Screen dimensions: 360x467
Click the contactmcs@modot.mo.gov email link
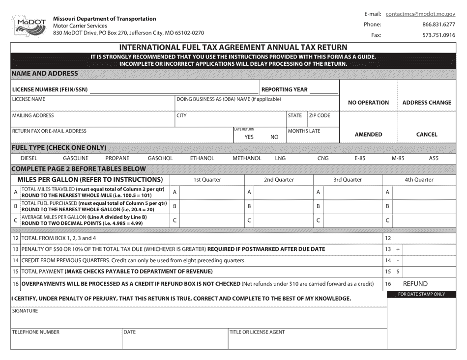pyautogui.click(x=420, y=14)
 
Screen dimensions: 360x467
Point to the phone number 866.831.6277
pyautogui.click(x=438, y=25)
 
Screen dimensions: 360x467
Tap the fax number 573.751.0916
pyautogui.click(x=438, y=35)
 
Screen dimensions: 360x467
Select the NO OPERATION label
pyautogui.click(x=368, y=103)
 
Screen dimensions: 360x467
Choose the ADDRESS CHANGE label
pyautogui.click(x=426, y=103)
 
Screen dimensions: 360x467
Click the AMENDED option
pyautogui.click(x=368, y=134)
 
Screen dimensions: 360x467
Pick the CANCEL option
pyautogui.click(x=426, y=134)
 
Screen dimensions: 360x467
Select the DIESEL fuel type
pyautogui.click(x=29, y=159)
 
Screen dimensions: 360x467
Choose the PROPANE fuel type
pyautogui.click(x=117, y=159)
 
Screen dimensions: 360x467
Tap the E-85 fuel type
pyautogui.click(x=359, y=159)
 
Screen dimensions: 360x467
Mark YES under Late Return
pyautogui.click(x=249, y=137)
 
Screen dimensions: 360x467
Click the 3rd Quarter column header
pyautogui.click(x=348, y=180)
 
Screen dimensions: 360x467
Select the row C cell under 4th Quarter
pyautogui.click(x=425, y=221)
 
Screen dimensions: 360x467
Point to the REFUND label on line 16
pyautogui.click(x=415, y=284)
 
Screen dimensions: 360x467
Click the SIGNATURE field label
pyautogui.click(x=25, y=311)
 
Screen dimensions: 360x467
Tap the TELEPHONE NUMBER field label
pyautogui.click(x=35, y=332)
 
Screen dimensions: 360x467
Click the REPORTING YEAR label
pyautogui.click(x=285, y=89)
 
